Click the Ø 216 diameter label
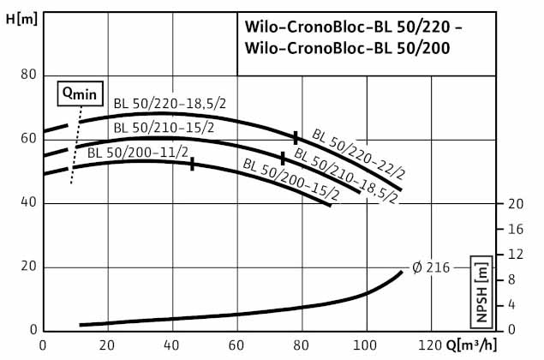coord(430,267)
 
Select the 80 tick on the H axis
coord(28,75)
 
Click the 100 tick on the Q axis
coord(367,345)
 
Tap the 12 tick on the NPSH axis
coord(516,255)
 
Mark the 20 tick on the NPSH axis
coord(516,204)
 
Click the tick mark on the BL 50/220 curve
coord(296,137)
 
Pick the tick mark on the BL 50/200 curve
coord(192,164)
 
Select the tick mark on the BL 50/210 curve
coord(283,159)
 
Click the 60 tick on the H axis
coord(28,139)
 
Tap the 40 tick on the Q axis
coord(172,345)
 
